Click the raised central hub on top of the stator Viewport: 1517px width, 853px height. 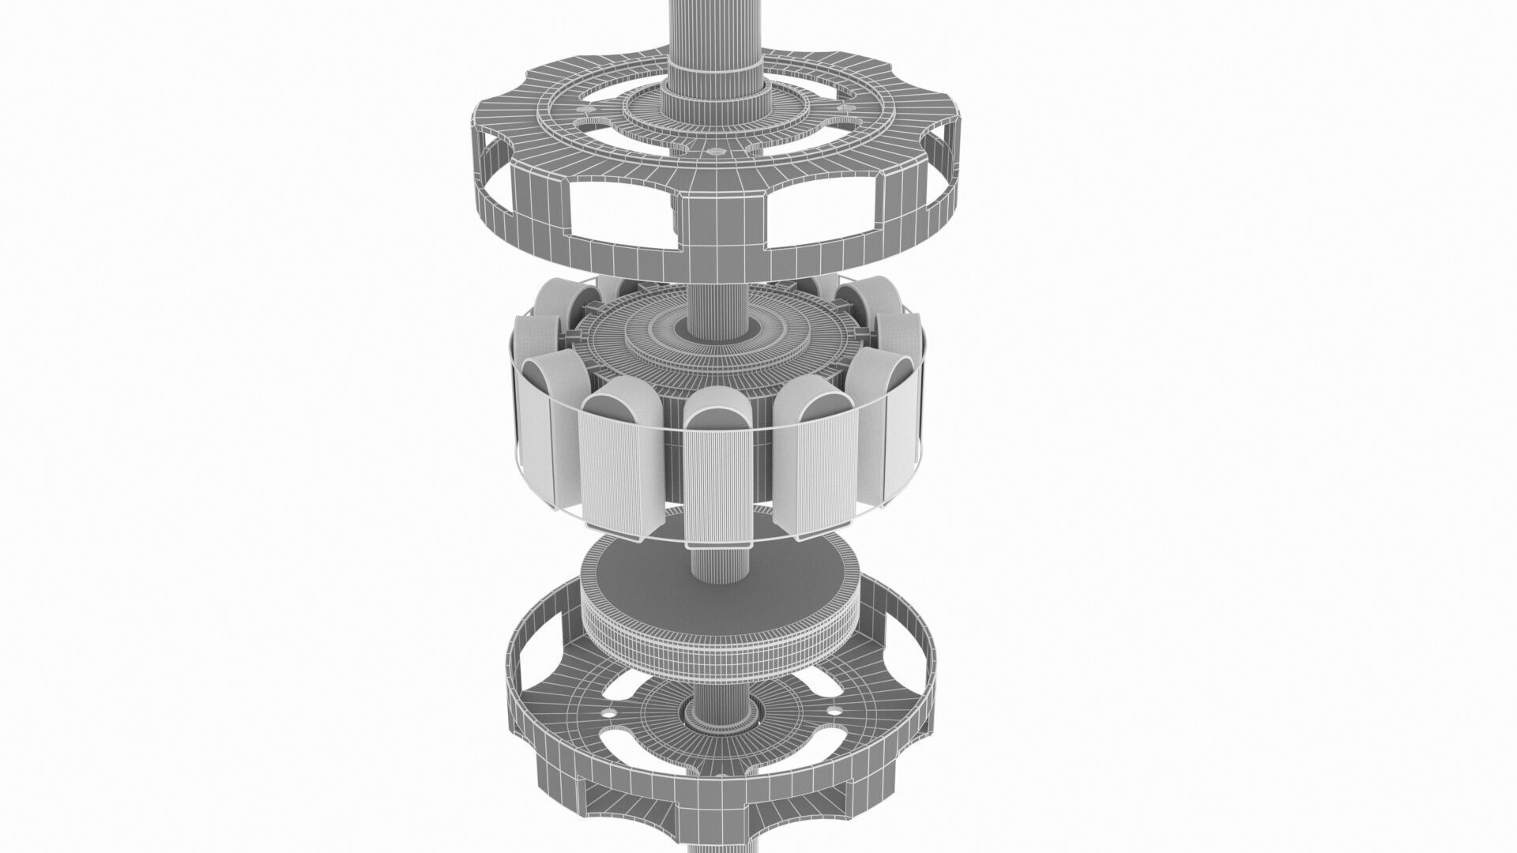point(715,336)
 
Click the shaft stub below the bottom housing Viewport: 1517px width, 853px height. point(715,841)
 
